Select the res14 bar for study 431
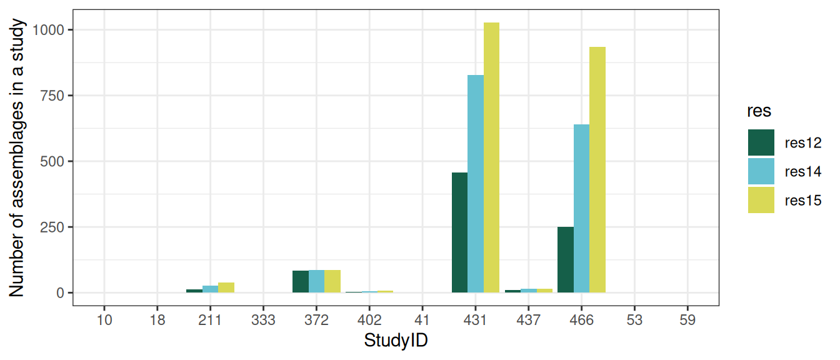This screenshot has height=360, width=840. coord(476,184)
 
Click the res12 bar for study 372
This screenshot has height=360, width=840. coord(301,281)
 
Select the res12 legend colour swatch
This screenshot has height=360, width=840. coord(761,142)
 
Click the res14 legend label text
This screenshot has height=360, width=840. coord(803,172)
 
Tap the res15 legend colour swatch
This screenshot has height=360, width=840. coord(761,200)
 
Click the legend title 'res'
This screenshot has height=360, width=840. coord(759,111)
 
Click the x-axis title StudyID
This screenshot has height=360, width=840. coord(396,341)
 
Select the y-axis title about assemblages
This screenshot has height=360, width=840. coord(17,157)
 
